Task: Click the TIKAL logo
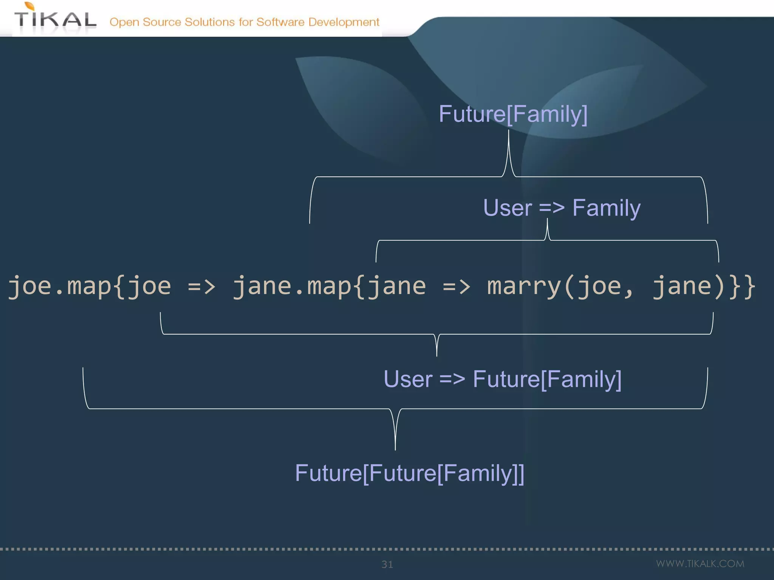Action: pos(55,20)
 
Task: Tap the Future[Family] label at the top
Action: pos(513,114)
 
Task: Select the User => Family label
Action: pos(562,208)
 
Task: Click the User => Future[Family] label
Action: pos(502,379)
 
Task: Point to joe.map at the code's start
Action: pos(59,286)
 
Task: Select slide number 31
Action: pos(387,565)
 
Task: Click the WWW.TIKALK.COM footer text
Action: pos(700,564)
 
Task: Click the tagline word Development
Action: pos(344,22)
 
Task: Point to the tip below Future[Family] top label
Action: pos(509,132)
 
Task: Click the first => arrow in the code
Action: pos(201,287)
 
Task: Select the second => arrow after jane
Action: pos(456,287)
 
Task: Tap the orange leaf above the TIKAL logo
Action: pos(29,6)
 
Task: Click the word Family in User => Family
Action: pos(606,208)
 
